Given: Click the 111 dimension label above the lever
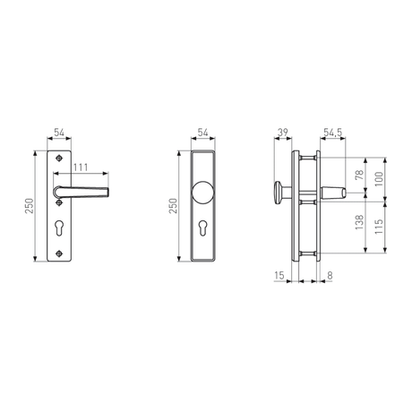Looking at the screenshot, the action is pos(81,167).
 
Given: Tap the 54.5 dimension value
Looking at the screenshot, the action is pos(333,133).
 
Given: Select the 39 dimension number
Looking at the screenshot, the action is pos(282,133).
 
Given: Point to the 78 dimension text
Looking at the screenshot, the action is pos(359,175).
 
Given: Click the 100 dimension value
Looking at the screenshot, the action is pos(379,179).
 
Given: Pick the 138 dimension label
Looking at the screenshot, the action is pos(359,222).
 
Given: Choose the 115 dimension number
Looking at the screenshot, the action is pos(379,227).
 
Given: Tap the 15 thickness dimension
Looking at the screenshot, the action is pos(279,276).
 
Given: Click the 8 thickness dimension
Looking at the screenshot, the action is pos(330,276).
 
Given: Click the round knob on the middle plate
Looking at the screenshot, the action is pos(203,192).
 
